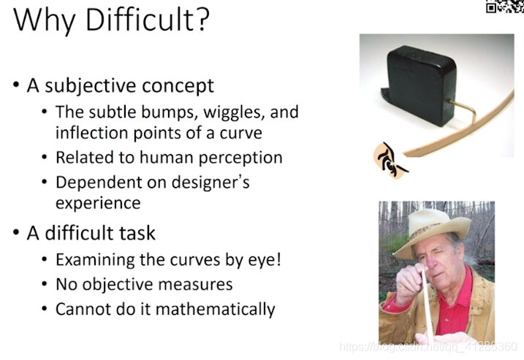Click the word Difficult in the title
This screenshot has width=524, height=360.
click(140, 20)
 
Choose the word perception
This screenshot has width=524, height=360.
click(240, 158)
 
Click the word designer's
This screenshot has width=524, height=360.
click(210, 183)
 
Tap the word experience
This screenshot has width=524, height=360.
click(98, 204)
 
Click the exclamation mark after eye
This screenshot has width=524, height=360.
click(278, 259)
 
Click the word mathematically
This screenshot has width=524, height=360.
click(216, 309)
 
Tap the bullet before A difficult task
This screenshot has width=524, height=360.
click(16, 232)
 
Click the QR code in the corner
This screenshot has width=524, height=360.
click(505, 7)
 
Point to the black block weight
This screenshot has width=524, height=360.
click(419, 85)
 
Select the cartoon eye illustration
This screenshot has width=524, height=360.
click(390, 161)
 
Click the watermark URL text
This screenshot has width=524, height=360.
click(428, 347)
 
